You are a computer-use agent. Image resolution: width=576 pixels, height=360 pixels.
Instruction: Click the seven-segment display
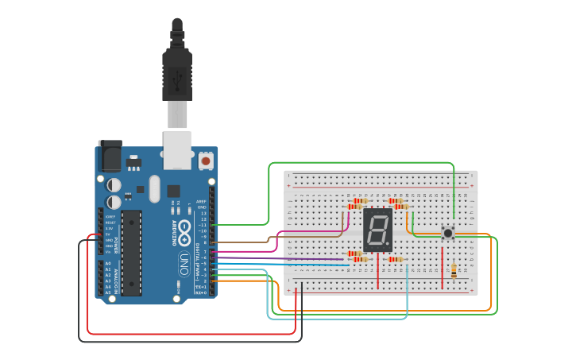coord(377,230)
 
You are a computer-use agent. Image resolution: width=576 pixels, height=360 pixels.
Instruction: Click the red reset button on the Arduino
coord(206,161)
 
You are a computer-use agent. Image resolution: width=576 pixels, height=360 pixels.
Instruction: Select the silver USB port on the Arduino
coord(177,149)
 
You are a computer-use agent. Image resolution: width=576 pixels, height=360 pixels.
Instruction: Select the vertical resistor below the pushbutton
coord(453,271)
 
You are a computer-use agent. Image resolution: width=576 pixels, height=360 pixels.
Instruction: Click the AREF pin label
coord(201,202)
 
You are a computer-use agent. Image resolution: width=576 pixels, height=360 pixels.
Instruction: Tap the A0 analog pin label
coord(107,263)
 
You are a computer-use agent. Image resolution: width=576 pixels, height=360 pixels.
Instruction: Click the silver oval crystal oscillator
coord(153,188)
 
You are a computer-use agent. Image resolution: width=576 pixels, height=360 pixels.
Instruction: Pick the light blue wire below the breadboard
coord(342,319)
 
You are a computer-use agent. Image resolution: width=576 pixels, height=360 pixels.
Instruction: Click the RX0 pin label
coord(201,292)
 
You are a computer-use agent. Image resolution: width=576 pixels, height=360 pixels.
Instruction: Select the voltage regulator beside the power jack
coord(133,162)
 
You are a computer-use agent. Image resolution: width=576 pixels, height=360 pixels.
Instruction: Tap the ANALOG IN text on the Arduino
coord(116,278)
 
